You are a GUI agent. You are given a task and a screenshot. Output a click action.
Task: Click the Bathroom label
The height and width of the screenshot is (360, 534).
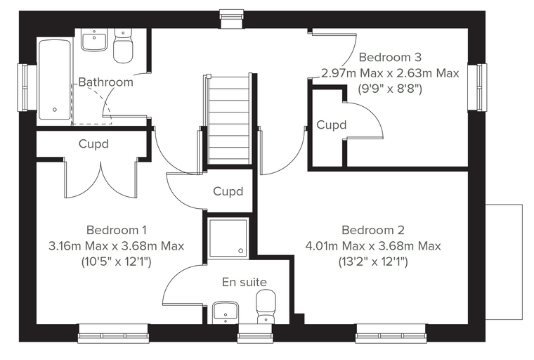(x=105, y=82)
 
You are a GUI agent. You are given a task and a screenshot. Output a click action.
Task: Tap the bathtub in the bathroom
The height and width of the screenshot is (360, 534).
(x=55, y=79)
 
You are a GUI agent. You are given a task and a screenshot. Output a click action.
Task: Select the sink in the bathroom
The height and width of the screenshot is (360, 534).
(x=94, y=40)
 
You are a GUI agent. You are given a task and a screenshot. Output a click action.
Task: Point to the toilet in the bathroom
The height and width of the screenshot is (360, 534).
(x=122, y=46)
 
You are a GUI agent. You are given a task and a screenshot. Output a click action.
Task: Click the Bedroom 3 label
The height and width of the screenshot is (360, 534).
(x=390, y=57)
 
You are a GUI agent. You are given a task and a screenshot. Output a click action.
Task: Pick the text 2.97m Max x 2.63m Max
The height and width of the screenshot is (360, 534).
(x=390, y=73)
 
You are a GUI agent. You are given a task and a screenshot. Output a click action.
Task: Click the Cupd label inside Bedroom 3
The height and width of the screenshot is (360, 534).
(x=332, y=124)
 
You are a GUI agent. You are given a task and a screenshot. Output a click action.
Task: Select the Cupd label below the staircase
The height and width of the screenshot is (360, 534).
(x=228, y=191)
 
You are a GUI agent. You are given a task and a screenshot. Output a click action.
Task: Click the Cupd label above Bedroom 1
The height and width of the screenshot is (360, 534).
(x=93, y=143)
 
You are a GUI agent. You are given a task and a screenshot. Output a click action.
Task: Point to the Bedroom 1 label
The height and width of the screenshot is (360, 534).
(x=117, y=230)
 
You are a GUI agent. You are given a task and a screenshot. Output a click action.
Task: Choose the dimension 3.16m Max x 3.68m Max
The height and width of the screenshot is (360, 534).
(x=117, y=246)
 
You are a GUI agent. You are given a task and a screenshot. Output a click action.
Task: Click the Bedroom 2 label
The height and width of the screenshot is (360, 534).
(x=373, y=230)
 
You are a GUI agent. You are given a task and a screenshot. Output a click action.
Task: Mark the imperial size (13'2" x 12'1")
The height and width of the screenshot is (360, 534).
(x=373, y=262)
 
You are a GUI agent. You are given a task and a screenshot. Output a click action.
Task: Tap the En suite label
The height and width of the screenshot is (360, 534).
(x=245, y=282)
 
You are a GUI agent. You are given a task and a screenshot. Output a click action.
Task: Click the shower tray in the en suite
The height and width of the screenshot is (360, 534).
(x=228, y=238)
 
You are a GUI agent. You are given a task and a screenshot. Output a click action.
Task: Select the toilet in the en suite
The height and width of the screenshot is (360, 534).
(x=266, y=307)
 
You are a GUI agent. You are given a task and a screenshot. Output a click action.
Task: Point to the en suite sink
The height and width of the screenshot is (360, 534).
(x=226, y=313)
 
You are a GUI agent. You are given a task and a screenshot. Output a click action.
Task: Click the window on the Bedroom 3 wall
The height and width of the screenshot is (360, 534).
(x=476, y=87)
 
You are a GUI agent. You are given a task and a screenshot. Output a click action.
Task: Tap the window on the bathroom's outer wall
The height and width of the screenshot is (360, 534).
(x=27, y=87)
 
